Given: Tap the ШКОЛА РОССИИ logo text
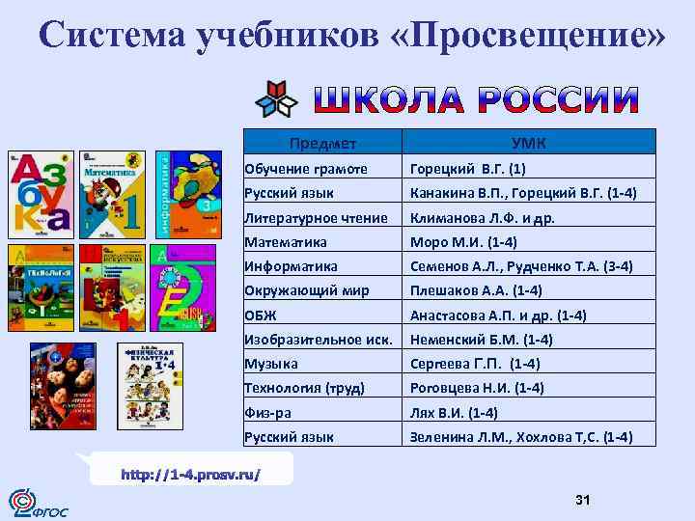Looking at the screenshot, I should tap(476, 98).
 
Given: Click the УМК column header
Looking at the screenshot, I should tap(529, 144).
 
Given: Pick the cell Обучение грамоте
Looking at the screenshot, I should tap(306, 168).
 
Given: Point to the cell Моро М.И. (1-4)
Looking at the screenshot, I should tap(463, 241).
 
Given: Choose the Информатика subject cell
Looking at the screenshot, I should tap(292, 265).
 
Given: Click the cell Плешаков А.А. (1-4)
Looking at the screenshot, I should tap(476, 290).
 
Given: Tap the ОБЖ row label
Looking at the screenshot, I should tap(260, 315).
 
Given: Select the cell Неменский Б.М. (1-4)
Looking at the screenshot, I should tap(481, 339).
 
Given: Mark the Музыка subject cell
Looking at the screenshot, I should tap(271, 364).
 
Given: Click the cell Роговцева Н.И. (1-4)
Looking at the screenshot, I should tap(477, 388).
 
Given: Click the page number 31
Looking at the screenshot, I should tap(582, 499).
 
